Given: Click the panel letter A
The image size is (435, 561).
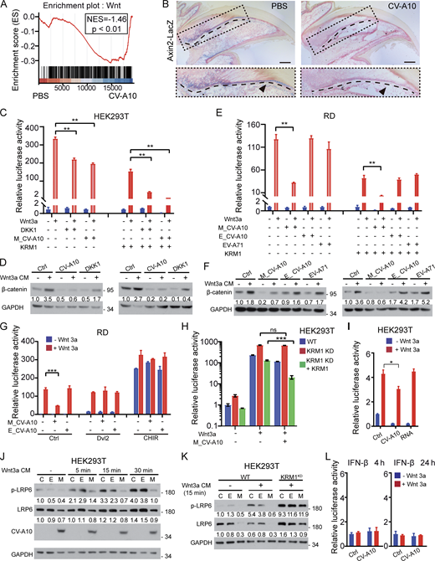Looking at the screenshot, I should tap(5, 6).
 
